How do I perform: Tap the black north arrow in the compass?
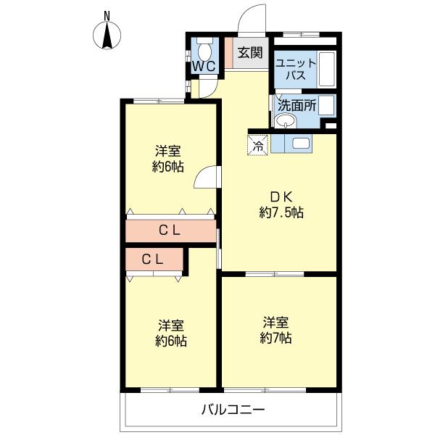point(107,36)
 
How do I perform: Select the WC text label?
point(204,66)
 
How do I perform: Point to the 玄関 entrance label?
point(250,52)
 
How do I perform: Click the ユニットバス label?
point(296,70)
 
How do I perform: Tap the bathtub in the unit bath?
point(328,69)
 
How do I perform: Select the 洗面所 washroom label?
point(297,105)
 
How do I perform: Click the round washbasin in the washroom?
point(286,121)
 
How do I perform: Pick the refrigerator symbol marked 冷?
point(257,145)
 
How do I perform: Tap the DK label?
point(281,197)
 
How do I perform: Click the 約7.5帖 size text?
point(281,212)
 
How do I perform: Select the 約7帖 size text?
point(275,338)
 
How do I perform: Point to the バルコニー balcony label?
point(233,410)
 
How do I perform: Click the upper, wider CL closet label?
point(170,231)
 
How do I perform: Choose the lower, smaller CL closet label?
point(152,260)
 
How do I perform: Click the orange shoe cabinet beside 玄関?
point(228,53)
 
